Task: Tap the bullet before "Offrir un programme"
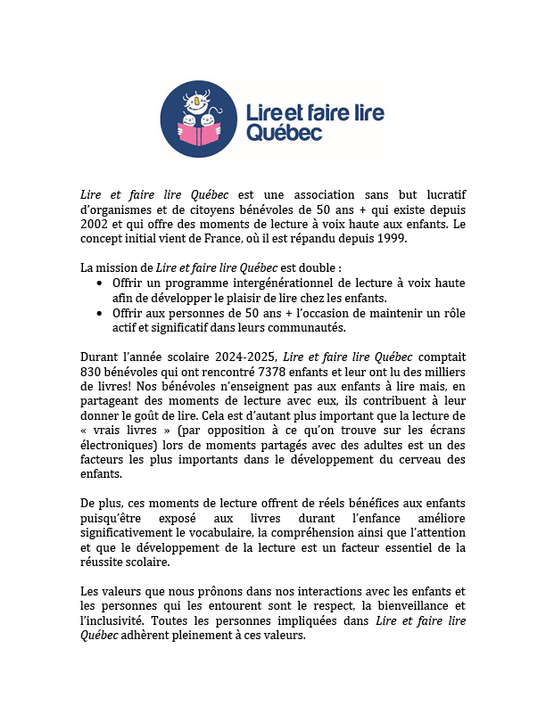pyautogui.click(x=100, y=283)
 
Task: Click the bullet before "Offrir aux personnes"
pyautogui.click(x=100, y=314)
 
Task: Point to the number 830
pyautogui.click(x=92, y=370)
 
